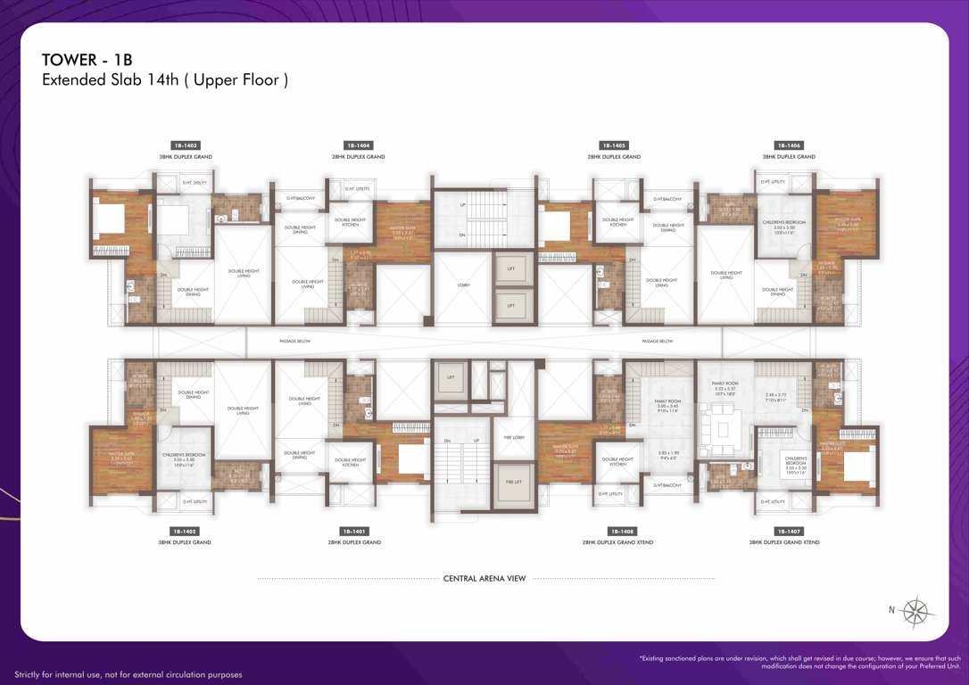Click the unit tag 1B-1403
tap(185, 144)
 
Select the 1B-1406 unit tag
tap(788, 144)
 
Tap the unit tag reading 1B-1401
tap(360, 531)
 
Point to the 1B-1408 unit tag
tap(617, 531)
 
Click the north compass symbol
tap(915, 611)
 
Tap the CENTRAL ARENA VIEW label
tap(484, 578)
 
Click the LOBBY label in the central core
tap(463, 285)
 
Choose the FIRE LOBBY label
tap(513, 437)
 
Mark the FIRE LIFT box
tap(513, 482)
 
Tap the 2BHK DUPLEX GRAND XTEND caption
tap(617, 542)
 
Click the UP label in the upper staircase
tap(462, 204)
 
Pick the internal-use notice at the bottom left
tap(128, 674)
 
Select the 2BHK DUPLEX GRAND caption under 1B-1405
tap(613, 156)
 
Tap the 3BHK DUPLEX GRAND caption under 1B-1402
tap(185, 542)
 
